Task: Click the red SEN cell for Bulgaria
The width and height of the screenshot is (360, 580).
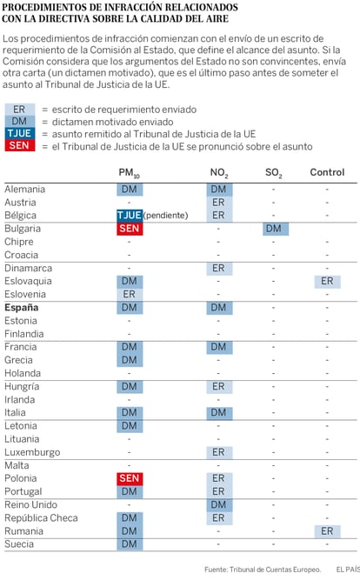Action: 130,229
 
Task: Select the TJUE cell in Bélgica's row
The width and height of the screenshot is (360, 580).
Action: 130,216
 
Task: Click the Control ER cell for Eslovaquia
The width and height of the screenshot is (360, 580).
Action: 327,281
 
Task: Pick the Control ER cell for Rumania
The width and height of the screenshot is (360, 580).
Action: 327,531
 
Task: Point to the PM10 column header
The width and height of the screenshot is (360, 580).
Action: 129,173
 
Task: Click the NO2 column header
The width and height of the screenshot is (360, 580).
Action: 219,173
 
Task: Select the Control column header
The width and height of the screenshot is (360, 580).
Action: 327,172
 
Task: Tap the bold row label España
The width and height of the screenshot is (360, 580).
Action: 22,307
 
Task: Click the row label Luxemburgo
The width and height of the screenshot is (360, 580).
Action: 32,452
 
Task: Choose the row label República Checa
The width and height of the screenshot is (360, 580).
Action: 41,518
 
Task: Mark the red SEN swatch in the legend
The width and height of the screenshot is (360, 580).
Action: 20,145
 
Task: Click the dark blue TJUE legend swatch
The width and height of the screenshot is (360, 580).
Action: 20,133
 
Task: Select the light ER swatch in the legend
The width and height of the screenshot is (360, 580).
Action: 20,109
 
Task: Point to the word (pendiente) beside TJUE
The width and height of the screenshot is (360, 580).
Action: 166,216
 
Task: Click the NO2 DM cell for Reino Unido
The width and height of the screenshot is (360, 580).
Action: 219,505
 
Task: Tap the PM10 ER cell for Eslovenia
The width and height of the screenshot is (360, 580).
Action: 130,295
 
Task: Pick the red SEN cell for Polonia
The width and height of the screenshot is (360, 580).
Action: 130,478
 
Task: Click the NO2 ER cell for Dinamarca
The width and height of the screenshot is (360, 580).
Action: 219,268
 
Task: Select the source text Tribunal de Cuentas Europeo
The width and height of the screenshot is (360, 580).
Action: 275,570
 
